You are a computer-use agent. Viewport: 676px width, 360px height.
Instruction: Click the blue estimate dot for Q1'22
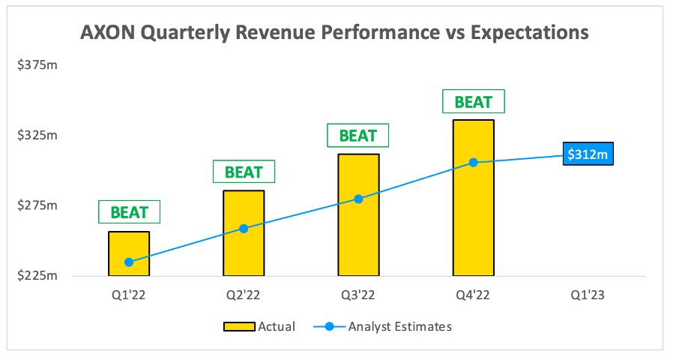click(x=129, y=262)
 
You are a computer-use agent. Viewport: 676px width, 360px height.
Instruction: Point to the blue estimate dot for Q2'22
click(x=244, y=228)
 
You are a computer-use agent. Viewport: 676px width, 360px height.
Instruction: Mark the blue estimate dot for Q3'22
click(x=358, y=199)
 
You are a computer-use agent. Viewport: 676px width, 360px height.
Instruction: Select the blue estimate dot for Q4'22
click(x=473, y=162)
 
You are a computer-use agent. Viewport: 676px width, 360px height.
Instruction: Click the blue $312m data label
click(x=588, y=154)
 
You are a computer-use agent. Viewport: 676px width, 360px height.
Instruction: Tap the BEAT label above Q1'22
click(x=129, y=211)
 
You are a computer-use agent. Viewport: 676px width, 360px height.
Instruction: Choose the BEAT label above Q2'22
click(x=244, y=172)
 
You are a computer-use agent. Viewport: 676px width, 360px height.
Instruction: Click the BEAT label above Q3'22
click(x=358, y=136)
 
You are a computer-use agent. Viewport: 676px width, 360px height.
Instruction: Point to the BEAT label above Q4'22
click(x=473, y=101)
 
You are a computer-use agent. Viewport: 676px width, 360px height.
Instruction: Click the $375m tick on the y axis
click(x=37, y=65)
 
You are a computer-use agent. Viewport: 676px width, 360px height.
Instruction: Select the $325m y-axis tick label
click(x=37, y=136)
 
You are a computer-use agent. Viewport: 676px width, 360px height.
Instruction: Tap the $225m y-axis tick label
click(x=37, y=276)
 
